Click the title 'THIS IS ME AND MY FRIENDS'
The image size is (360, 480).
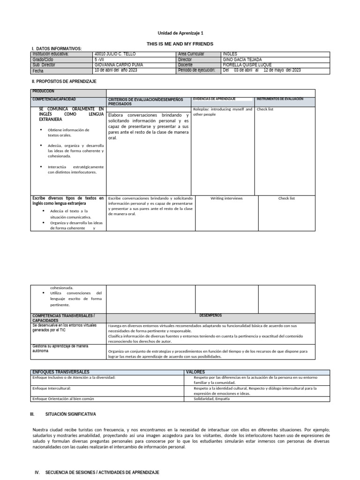(180, 44)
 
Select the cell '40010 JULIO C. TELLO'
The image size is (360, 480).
(115, 54)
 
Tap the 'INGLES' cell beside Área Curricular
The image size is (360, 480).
(230, 54)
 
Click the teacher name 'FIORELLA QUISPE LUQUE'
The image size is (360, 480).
(247, 65)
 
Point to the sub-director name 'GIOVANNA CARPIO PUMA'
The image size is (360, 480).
(119, 65)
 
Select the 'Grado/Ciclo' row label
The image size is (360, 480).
(44, 60)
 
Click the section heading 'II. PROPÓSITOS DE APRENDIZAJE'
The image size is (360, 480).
(64, 81)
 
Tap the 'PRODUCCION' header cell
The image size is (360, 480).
(44, 91)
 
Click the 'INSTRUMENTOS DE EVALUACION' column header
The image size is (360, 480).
(280, 99)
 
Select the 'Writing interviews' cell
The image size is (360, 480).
(226, 198)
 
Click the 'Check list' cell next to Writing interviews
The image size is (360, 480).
(286, 198)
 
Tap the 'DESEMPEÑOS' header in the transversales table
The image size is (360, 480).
(210, 315)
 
